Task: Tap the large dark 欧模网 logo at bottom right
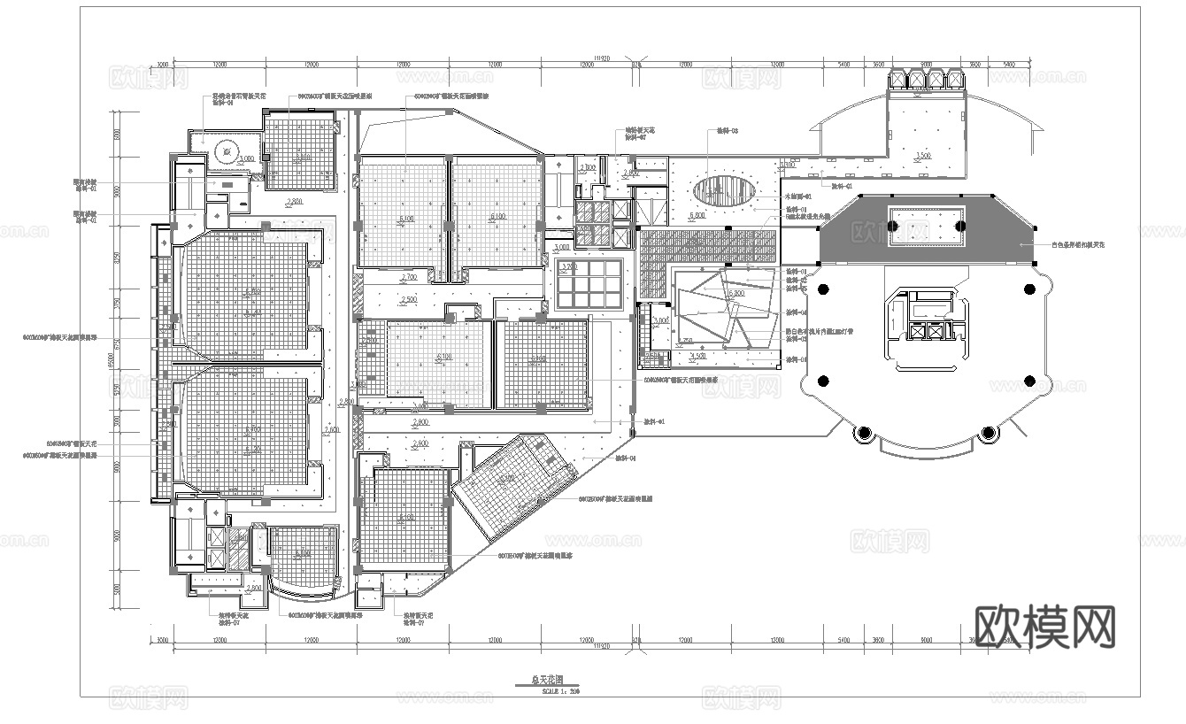pos(1044,627)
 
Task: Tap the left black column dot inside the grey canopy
pos(894,227)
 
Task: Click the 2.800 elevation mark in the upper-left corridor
pos(294,202)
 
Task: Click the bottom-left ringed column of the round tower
pos(863,432)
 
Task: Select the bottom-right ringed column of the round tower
pos(990,432)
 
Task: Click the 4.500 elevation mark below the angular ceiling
pos(698,357)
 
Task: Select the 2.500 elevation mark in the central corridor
pos(409,299)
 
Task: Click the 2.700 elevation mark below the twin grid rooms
pos(409,278)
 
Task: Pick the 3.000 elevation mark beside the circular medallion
pos(246,158)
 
